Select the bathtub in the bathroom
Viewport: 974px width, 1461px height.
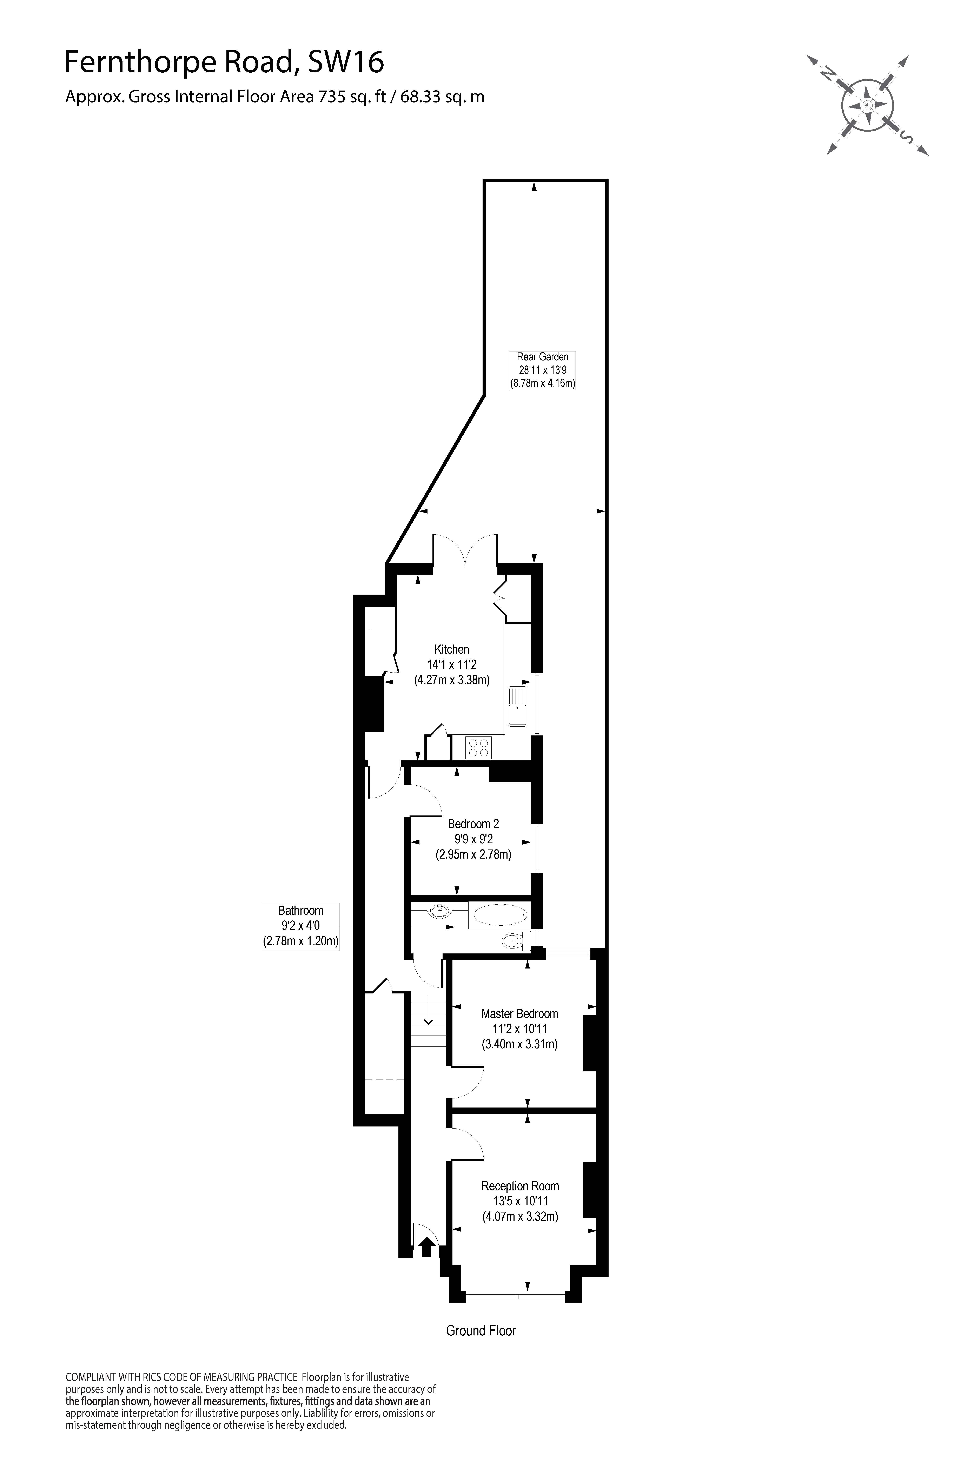coord(500,915)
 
